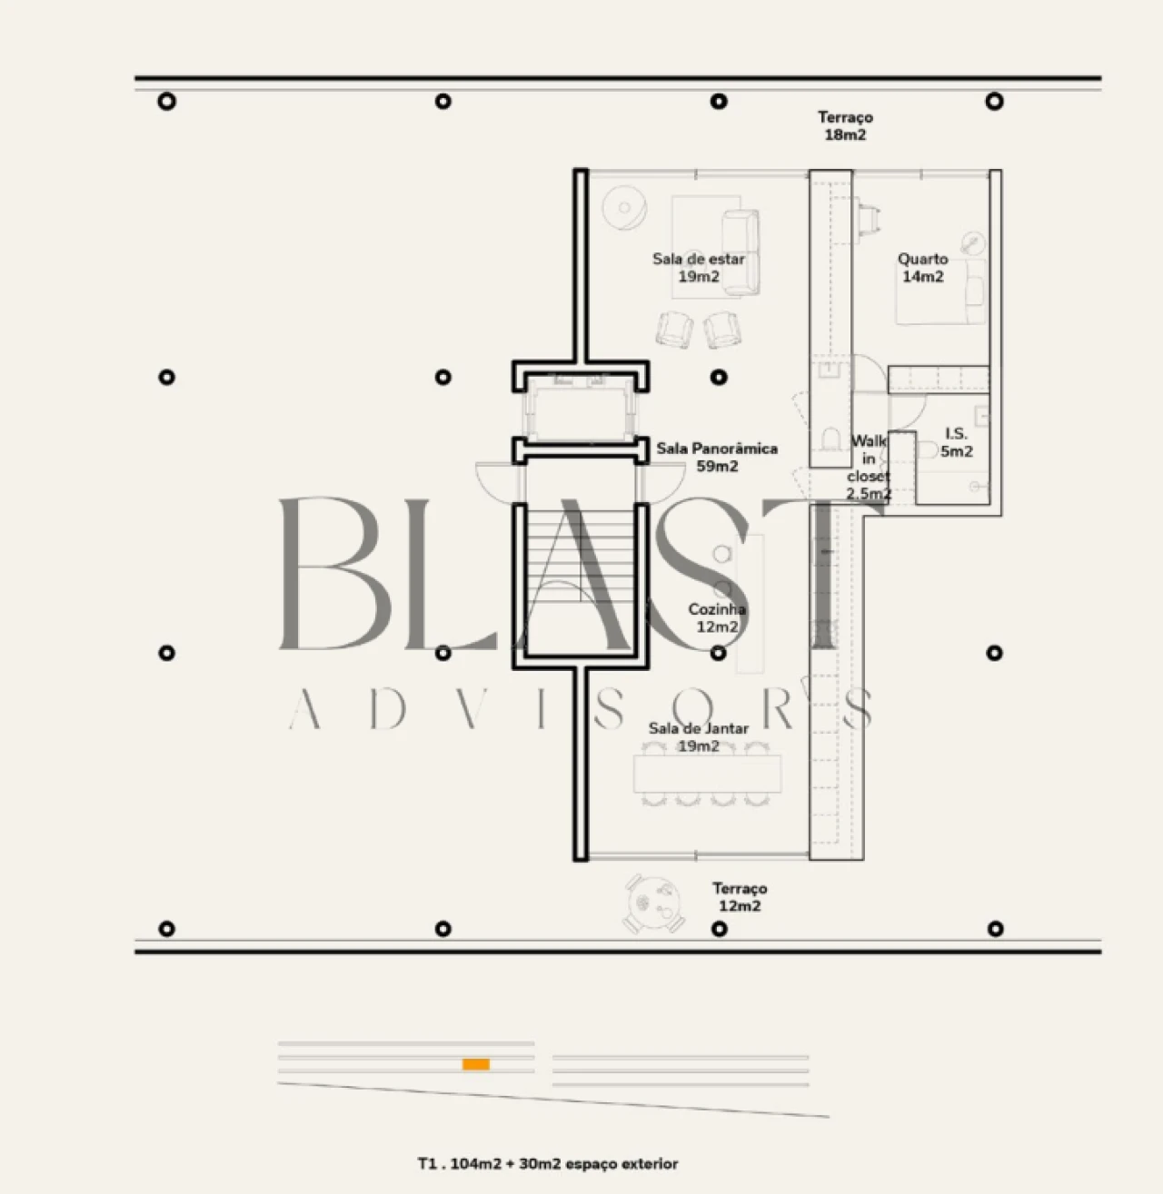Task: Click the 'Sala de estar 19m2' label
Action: click(698, 268)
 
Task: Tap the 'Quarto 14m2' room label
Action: click(923, 268)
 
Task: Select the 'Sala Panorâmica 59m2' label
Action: click(717, 457)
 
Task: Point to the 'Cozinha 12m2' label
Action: click(717, 617)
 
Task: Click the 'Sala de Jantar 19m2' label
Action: click(698, 737)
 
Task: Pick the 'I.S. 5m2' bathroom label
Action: click(956, 442)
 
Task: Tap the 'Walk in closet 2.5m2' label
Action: click(869, 467)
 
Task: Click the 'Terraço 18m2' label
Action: click(845, 126)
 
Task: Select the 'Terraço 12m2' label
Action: click(740, 897)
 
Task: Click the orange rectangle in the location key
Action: click(476, 1064)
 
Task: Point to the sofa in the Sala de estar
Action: click(741, 252)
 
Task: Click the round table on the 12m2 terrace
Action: click(654, 903)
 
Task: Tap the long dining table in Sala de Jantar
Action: click(708, 774)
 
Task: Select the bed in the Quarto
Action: click(940, 291)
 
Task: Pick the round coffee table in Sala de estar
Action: click(624, 207)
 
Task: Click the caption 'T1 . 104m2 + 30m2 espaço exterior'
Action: click(548, 1164)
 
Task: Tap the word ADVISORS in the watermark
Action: click(581, 708)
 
